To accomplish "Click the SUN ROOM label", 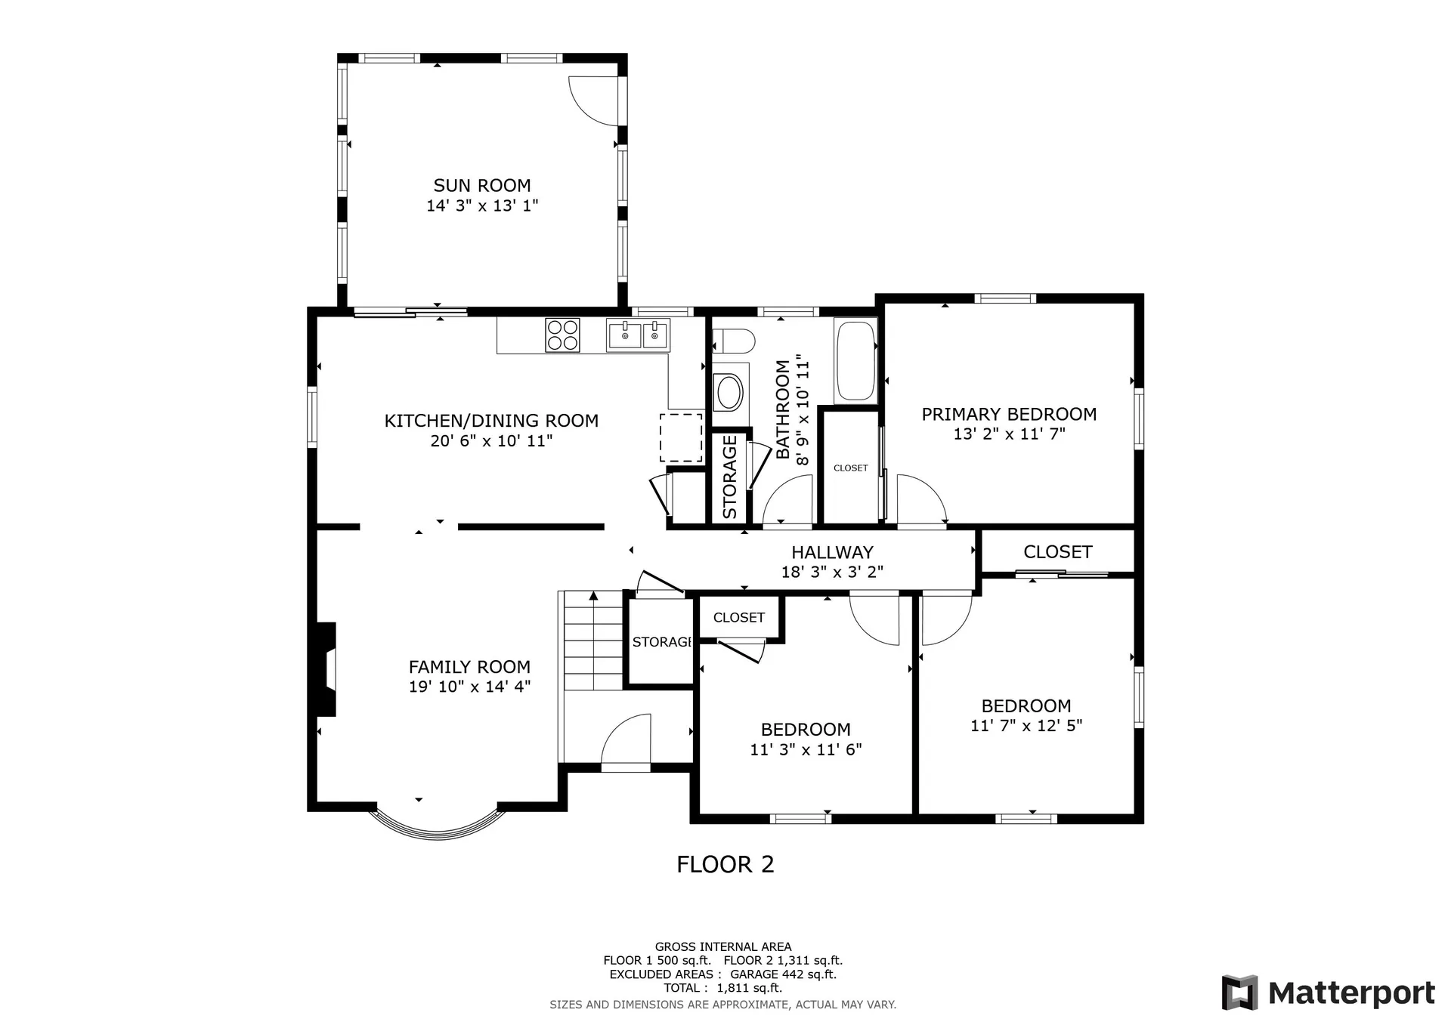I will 482,186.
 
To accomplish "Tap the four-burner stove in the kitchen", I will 562,335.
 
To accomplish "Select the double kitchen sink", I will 638,335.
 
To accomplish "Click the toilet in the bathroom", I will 733,341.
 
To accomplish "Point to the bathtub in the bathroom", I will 855,361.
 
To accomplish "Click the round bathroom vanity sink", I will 729,393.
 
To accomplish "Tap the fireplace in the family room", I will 326,669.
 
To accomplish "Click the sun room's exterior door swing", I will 595,100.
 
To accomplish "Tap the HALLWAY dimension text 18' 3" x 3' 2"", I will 832,573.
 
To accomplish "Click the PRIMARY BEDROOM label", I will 1009,415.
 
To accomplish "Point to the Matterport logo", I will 1328,993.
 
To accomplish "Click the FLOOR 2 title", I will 725,865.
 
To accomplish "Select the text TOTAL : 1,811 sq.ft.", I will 722,988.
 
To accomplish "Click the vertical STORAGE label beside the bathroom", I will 730,477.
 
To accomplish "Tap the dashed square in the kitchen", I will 681,437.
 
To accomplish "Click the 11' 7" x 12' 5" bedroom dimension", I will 1026,726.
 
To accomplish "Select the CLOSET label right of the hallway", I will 1057,552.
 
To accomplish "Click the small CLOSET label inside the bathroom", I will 850,468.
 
